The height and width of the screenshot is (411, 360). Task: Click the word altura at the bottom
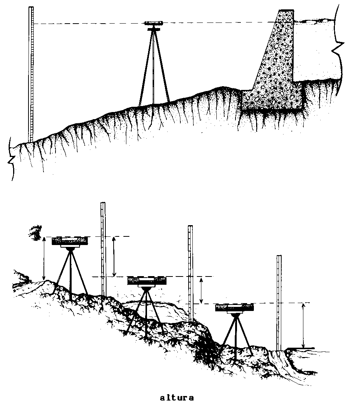click(177, 398)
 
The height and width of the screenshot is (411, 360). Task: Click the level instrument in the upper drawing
click(154, 23)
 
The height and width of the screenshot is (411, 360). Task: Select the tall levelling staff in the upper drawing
click(31, 74)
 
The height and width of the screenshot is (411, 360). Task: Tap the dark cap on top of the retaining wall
click(286, 11)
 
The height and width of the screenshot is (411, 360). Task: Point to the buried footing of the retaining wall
click(273, 100)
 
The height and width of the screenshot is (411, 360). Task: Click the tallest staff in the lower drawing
click(103, 249)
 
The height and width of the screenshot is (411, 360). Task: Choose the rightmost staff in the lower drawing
click(279, 303)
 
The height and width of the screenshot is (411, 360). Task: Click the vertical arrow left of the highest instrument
click(44, 258)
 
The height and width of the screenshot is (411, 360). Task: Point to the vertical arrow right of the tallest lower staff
click(114, 257)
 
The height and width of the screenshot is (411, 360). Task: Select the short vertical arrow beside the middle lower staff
click(201, 290)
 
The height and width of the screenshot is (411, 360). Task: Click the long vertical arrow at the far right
click(303, 326)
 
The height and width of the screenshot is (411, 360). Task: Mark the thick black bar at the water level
click(301, 348)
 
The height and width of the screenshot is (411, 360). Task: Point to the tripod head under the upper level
click(154, 29)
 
